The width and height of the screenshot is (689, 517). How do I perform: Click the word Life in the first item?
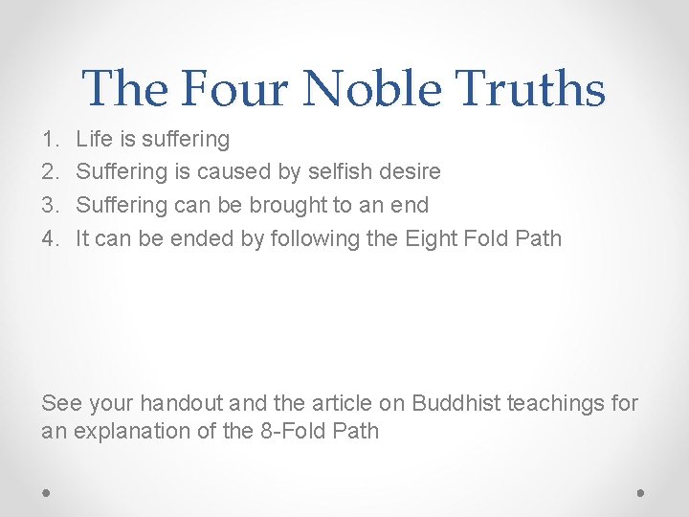(x=94, y=140)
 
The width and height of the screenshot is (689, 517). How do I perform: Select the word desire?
(x=409, y=172)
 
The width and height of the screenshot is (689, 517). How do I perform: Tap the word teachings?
(x=554, y=404)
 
